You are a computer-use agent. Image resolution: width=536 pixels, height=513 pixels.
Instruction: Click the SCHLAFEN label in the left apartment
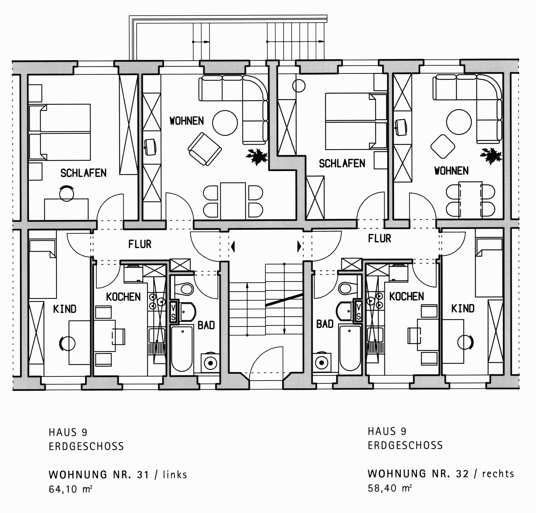coord(83,173)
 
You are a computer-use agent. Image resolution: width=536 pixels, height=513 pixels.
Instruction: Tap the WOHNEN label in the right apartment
coord(452,171)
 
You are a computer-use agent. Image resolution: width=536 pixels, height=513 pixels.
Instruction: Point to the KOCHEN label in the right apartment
coord(407,296)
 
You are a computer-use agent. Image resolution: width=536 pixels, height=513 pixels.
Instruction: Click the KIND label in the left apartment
coord(65,309)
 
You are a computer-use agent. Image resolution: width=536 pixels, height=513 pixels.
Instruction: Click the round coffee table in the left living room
coord(225,123)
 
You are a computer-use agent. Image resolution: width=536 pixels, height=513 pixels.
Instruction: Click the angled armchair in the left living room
coord(205,149)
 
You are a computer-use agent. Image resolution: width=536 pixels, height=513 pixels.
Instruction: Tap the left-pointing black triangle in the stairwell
coord(233,246)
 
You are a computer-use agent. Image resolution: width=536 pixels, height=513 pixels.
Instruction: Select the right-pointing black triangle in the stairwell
coord(299,246)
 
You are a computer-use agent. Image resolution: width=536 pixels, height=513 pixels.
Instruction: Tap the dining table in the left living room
coord(233,201)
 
